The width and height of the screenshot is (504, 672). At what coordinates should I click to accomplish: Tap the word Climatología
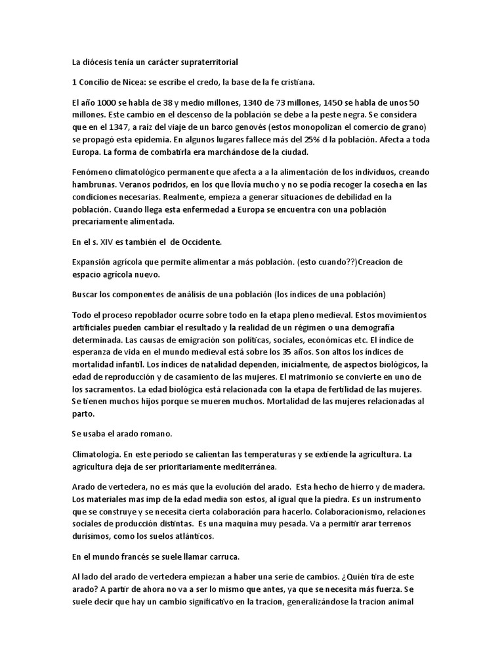click(96, 454)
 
